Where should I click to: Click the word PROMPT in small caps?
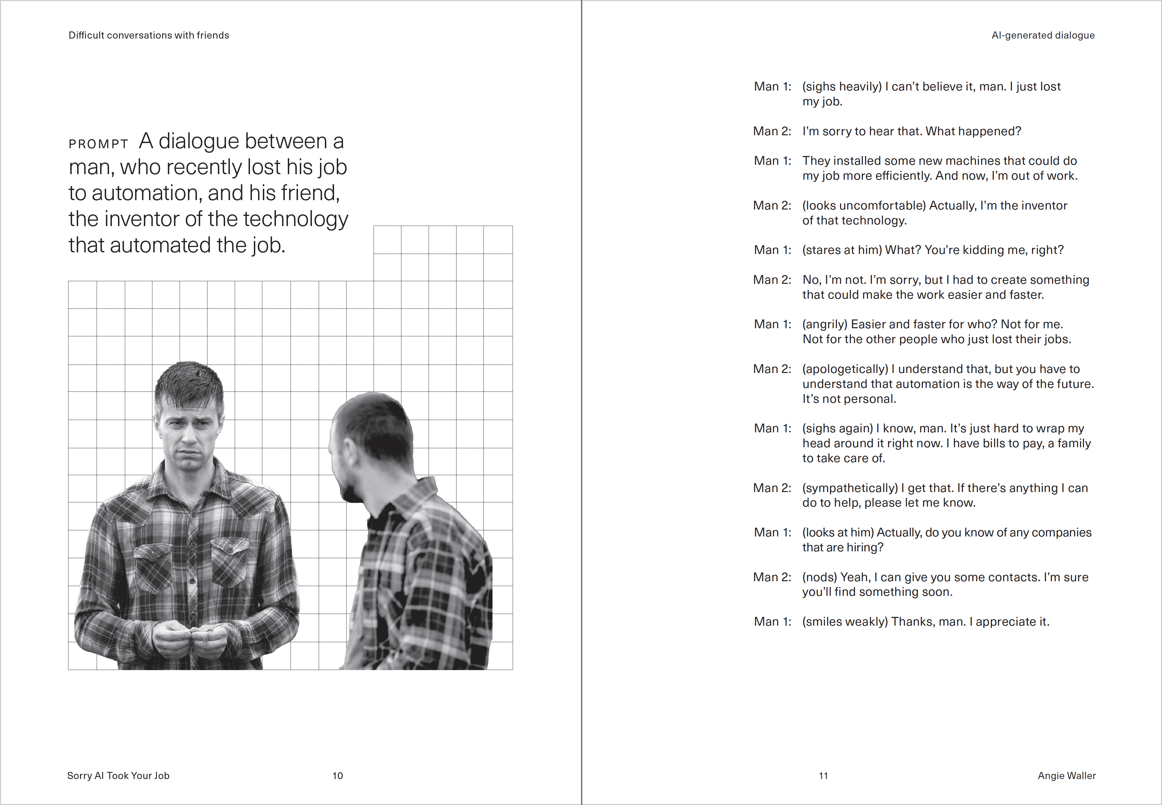point(98,144)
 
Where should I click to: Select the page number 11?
point(823,776)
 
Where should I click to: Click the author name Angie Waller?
point(1067,776)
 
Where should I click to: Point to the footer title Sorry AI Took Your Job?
point(118,776)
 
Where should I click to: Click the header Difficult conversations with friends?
point(149,35)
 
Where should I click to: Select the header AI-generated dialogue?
point(1043,35)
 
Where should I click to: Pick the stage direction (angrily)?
point(825,324)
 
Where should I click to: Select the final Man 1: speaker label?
point(772,622)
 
